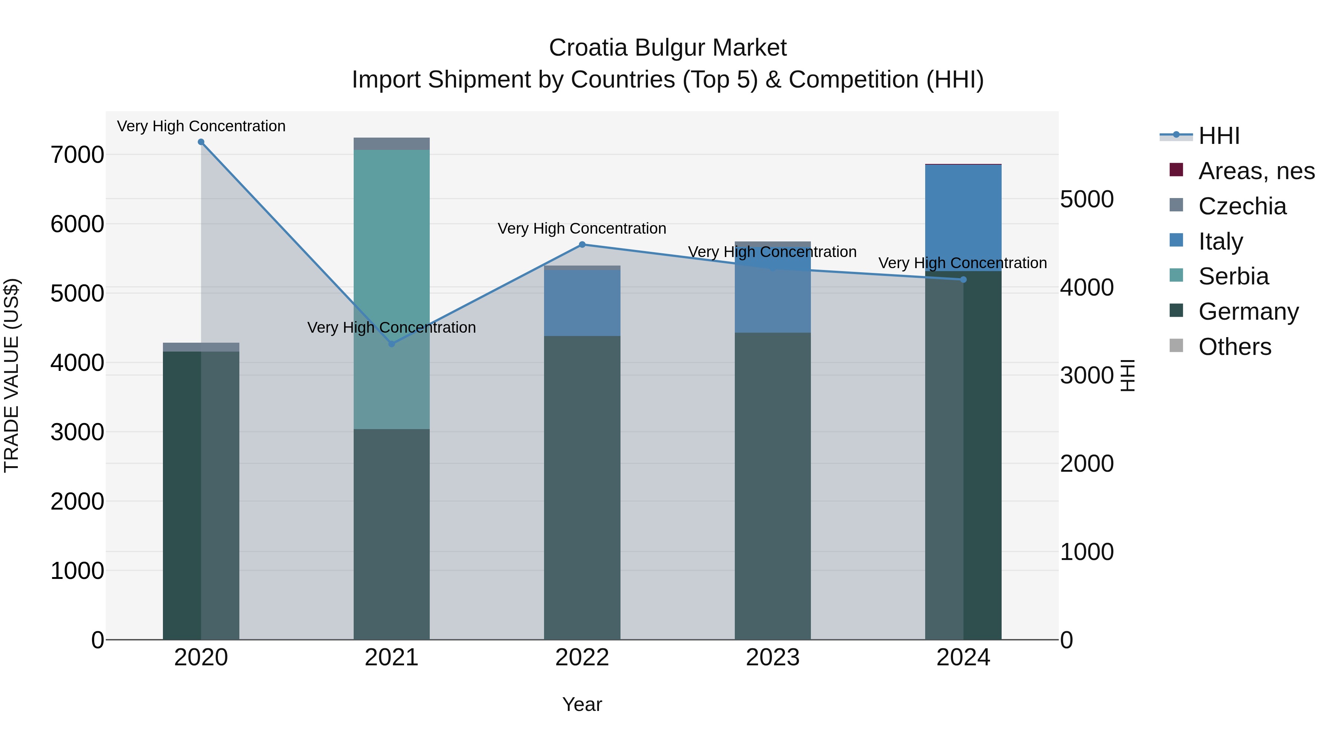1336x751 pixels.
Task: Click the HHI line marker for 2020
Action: tap(201, 142)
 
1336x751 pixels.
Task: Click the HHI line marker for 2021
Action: tap(392, 344)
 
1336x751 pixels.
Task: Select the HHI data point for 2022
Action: tap(582, 245)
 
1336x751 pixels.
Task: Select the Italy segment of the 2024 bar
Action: tap(963, 218)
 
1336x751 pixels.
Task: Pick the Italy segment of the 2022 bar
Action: tap(582, 303)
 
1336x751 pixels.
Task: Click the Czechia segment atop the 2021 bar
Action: tap(392, 144)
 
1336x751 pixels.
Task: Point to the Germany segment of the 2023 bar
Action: tap(772, 487)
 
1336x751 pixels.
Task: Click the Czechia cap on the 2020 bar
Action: tap(201, 347)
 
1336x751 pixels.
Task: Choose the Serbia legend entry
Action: tap(1233, 276)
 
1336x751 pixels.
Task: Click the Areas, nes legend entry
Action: tap(1255, 171)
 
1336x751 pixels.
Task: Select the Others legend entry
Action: tap(1234, 347)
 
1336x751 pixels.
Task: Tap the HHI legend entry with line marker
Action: tap(1218, 136)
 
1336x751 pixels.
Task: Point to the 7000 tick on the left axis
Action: tap(77, 154)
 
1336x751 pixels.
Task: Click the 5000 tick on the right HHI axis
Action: tap(1087, 199)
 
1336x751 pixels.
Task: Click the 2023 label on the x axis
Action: tap(772, 658)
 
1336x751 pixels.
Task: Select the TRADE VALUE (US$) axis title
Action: tap(12, 375)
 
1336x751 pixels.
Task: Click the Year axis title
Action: tap(582, 704)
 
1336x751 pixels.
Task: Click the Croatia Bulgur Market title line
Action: tap(668, 48)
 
